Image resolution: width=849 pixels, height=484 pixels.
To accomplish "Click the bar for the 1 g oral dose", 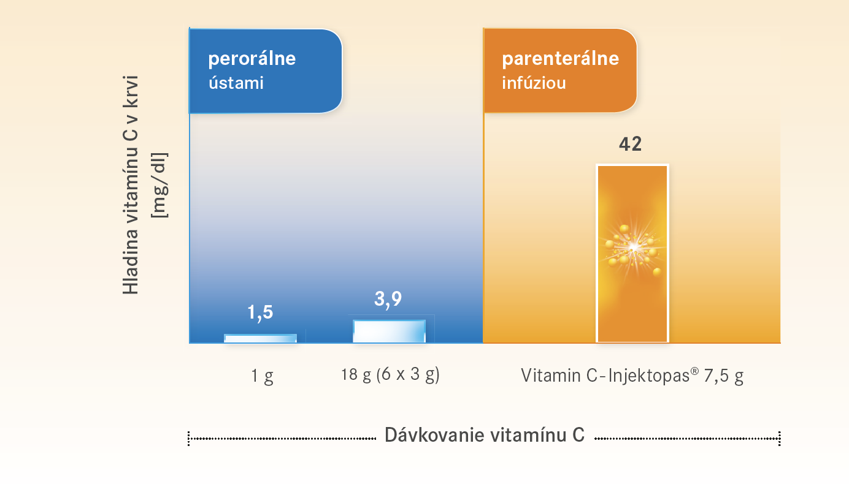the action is (x=260, y=338).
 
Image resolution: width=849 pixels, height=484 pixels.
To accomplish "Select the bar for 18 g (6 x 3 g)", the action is (x=390, y=331).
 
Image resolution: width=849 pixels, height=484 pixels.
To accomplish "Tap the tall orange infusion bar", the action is (x=632, y=253).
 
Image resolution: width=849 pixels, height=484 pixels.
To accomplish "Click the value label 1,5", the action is (x=260, y=312).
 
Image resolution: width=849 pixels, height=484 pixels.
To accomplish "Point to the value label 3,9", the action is (x=388, y=299).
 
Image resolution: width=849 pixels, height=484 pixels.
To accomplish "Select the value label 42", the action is (x=630, y=144).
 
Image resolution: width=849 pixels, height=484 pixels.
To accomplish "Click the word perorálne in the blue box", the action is (x=252, y=59).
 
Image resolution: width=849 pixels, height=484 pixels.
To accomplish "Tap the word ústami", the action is (x=236, y=83).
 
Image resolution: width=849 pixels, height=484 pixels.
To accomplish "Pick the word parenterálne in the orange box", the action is (x=561, y=59).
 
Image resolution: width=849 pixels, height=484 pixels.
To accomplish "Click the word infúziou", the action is (x=534, y=83).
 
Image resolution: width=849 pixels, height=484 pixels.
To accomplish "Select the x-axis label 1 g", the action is (x=262, y=376).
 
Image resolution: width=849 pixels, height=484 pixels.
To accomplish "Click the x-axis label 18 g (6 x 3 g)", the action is (x=390, y=375).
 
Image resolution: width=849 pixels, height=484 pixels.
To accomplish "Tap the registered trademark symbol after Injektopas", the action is (x=694, y=371).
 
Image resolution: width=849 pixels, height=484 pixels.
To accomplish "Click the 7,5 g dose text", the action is (x=723, y=376).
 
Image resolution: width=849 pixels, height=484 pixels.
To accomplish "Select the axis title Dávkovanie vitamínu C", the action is (x=485, y=435).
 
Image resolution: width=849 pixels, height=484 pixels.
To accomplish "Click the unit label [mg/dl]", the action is (x=159, y=186).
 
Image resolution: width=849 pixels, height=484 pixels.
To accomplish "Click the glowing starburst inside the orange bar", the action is (x=633, y=248).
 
